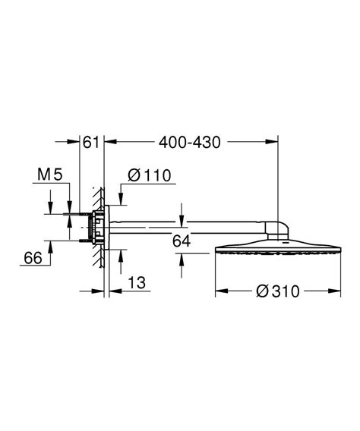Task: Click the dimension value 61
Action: click(x=91, y=141)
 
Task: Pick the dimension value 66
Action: click(x=32, y=259)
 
